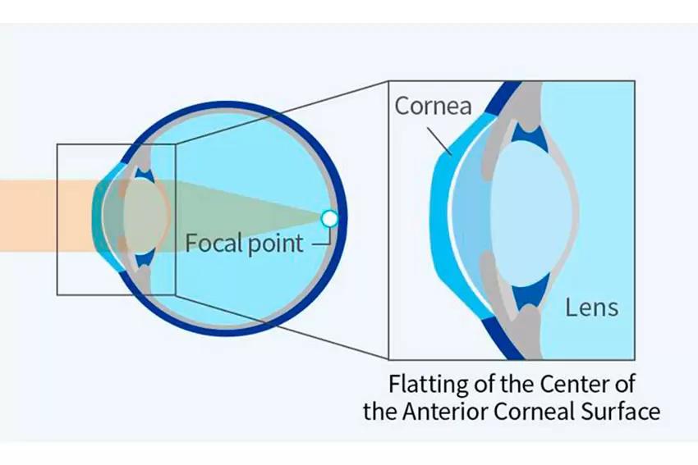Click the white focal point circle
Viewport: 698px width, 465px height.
tap(329, 218)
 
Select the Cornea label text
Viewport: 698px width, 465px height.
tap(433, 106)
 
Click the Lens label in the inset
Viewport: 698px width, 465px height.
tap(592, 308)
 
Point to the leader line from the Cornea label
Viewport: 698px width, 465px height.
tap(440, 141)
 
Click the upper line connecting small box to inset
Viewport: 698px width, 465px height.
tap(282, 112)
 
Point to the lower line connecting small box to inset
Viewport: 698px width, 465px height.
tap(282, 326)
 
